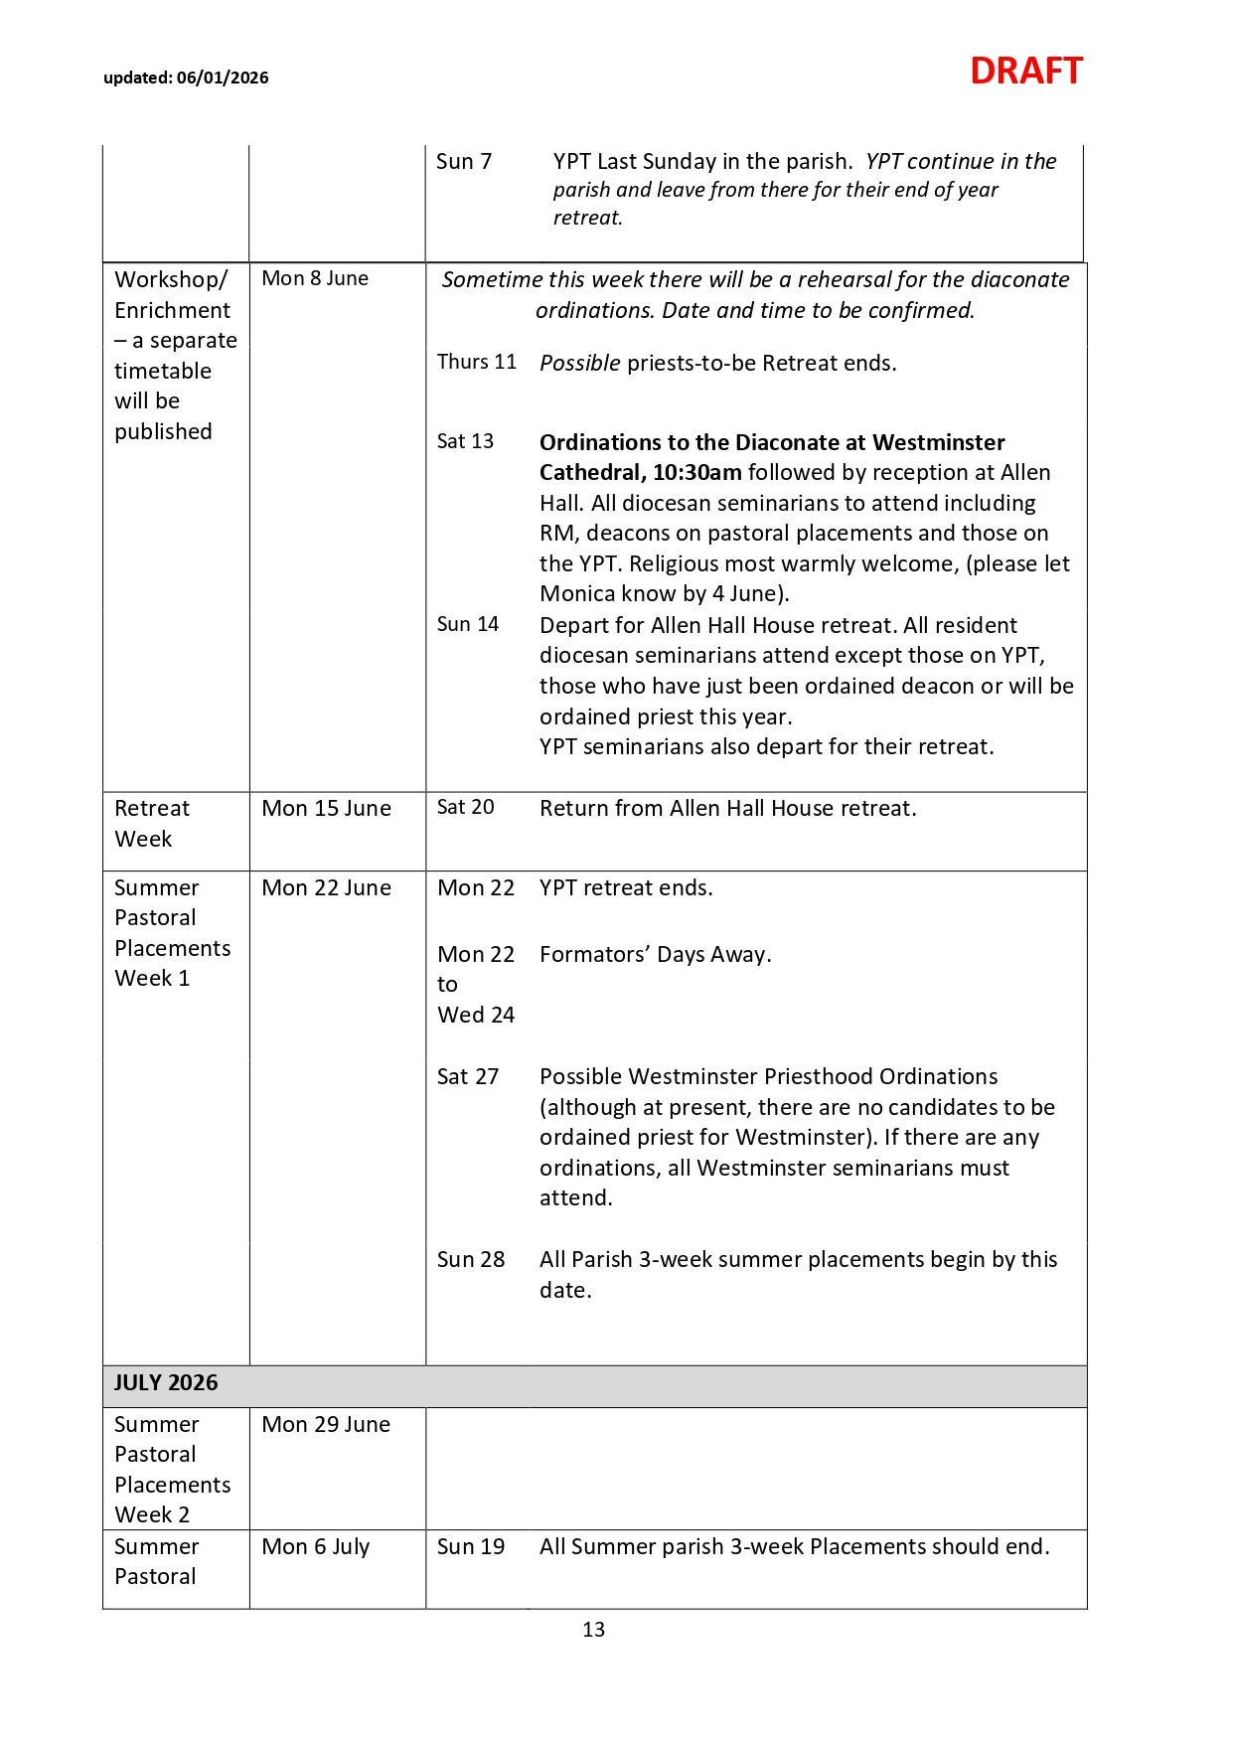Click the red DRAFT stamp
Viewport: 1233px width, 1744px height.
[1025, 72]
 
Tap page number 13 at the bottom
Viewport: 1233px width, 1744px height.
[593, 1629]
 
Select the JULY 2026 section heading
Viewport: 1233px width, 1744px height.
[166, 1382]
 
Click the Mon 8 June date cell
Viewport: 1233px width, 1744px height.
[314, 278]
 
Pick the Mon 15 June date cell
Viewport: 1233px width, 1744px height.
[326, 808]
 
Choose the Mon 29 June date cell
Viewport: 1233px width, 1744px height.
[326, 1424]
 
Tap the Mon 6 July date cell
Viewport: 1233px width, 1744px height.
[315, 1546]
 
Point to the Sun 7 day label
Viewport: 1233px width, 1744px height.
[464, 161]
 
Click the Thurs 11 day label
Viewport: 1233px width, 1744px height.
[477, 362]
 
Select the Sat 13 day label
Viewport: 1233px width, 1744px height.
[465, 441]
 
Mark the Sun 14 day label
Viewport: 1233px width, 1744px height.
[468, 624]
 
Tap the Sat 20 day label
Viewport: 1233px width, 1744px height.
[465, 807]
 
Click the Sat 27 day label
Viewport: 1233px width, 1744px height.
[468, 1076]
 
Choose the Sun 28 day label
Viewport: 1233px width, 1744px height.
[471, 1259]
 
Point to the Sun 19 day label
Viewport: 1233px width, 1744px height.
[471, 1546]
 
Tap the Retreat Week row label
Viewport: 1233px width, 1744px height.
[151, 823]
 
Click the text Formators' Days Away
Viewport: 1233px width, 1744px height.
[655, 954]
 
